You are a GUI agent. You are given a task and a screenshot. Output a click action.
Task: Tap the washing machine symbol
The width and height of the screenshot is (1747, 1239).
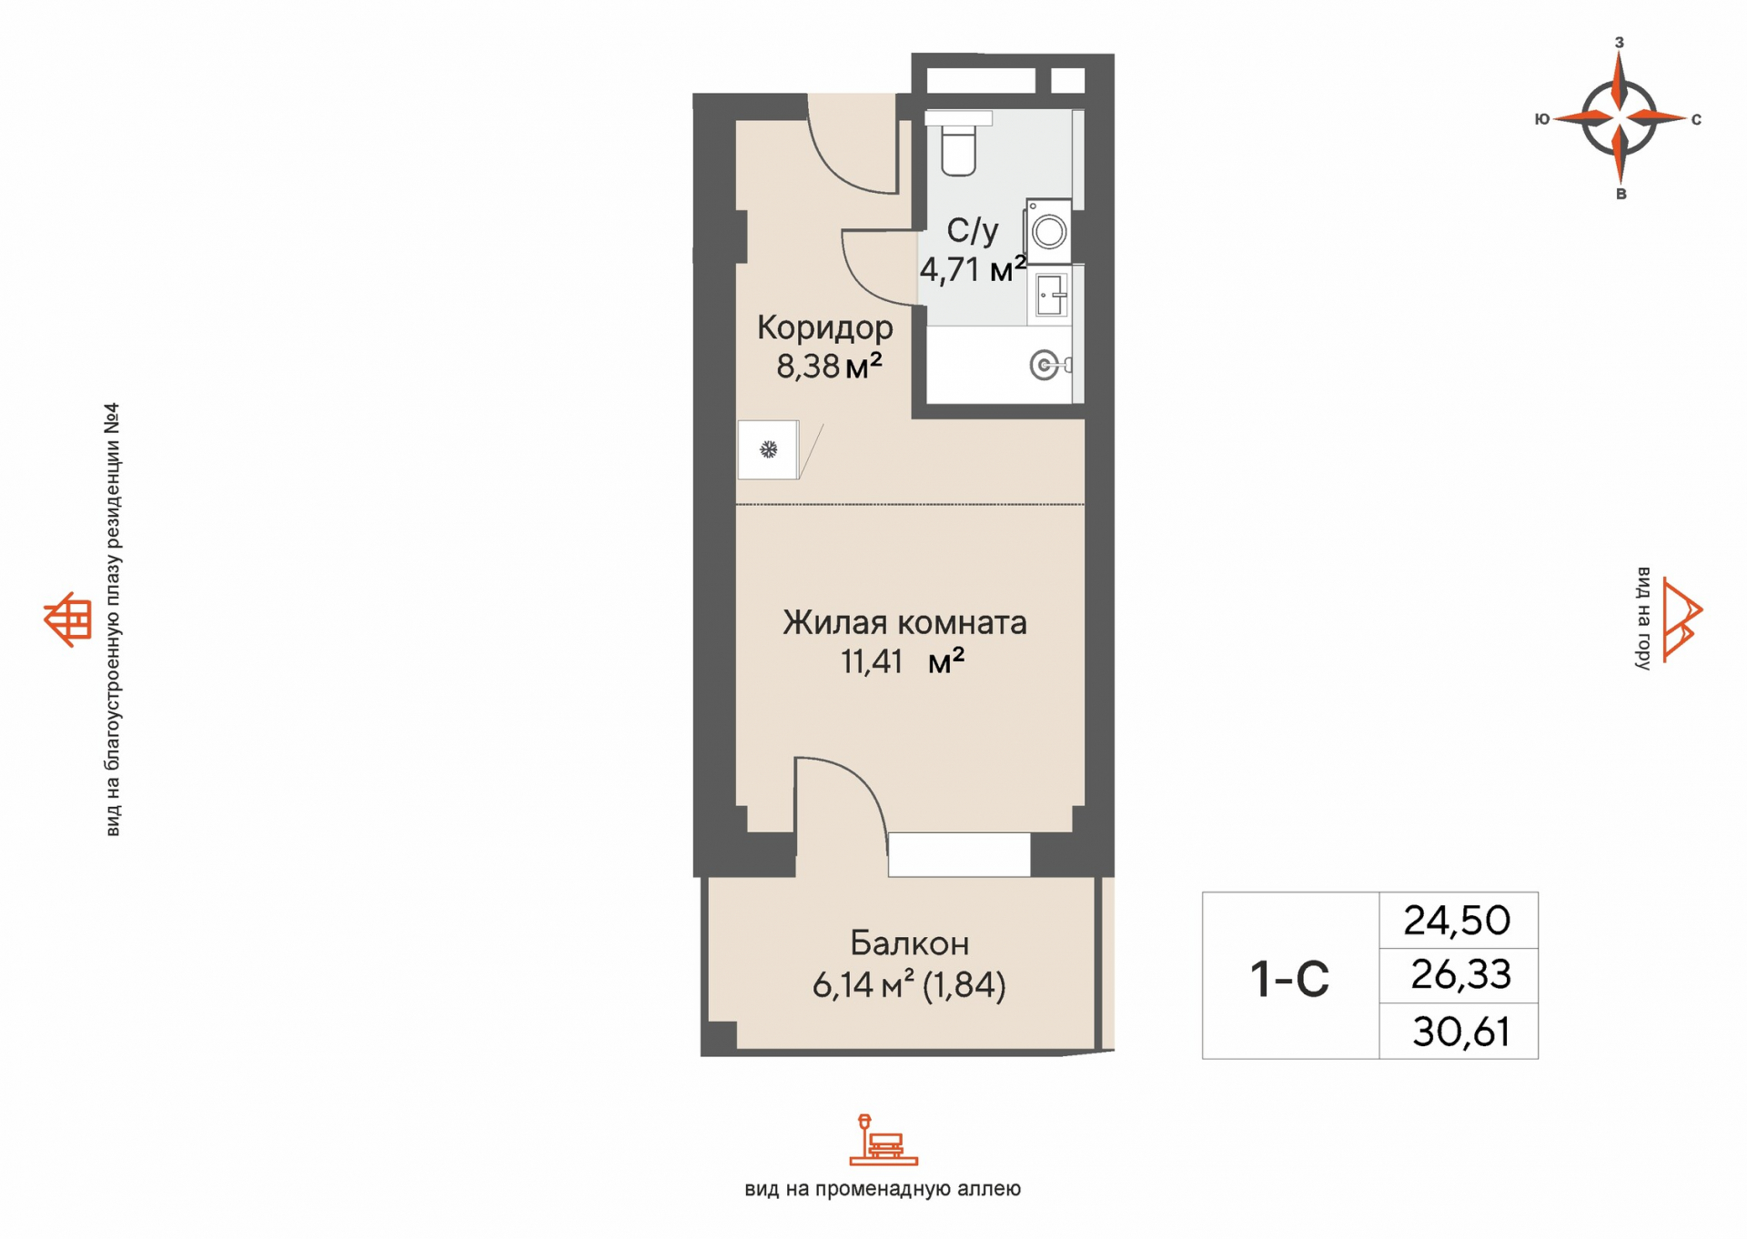1048,231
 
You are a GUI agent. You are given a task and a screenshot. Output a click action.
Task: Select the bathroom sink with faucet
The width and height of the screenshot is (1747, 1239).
1051,295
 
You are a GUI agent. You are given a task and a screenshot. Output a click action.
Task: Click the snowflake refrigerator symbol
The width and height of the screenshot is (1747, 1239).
768,449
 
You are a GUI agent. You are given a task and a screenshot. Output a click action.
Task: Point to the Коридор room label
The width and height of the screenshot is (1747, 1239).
825,327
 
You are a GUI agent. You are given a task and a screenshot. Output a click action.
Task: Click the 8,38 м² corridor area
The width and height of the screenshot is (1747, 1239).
829,366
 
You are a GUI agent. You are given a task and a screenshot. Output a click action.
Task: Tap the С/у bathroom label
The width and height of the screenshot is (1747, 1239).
972,231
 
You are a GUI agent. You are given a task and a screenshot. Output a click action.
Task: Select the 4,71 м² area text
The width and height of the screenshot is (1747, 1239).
973,269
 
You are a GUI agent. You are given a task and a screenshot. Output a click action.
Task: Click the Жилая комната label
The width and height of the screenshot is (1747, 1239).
904,622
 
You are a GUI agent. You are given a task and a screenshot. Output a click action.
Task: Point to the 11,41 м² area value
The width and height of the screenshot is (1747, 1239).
902,661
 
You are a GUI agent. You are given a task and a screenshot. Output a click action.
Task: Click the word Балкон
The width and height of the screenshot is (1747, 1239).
909,943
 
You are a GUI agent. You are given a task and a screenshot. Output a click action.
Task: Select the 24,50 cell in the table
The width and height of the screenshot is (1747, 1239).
1457,921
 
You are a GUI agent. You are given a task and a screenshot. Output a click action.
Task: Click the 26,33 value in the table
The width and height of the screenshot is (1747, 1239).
1460,974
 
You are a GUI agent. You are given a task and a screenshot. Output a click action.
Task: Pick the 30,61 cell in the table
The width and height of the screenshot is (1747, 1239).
1461,1032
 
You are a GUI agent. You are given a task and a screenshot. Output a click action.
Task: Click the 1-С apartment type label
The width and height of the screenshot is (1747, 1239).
1289,979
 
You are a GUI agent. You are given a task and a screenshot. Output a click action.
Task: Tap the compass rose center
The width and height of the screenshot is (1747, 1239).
1619,117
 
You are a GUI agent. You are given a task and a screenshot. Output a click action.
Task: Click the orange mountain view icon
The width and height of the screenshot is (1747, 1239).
1681,619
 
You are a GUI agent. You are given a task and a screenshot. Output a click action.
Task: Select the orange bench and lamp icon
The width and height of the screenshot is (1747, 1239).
883,1140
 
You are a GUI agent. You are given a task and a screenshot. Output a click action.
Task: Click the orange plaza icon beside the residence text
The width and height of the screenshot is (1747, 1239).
68,619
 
